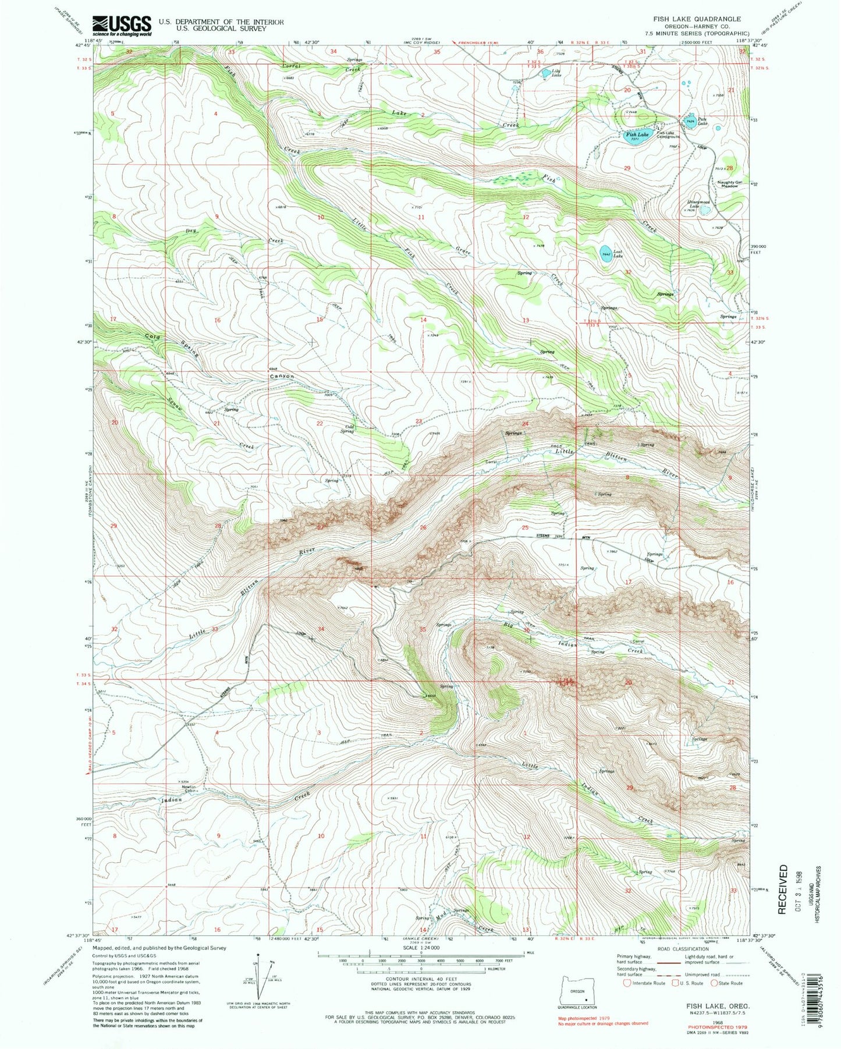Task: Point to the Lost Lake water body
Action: click(606, 254)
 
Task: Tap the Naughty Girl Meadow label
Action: click(730, 185)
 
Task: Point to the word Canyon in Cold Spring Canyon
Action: click(281, 377)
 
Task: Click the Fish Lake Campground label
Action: click(668, 134)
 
